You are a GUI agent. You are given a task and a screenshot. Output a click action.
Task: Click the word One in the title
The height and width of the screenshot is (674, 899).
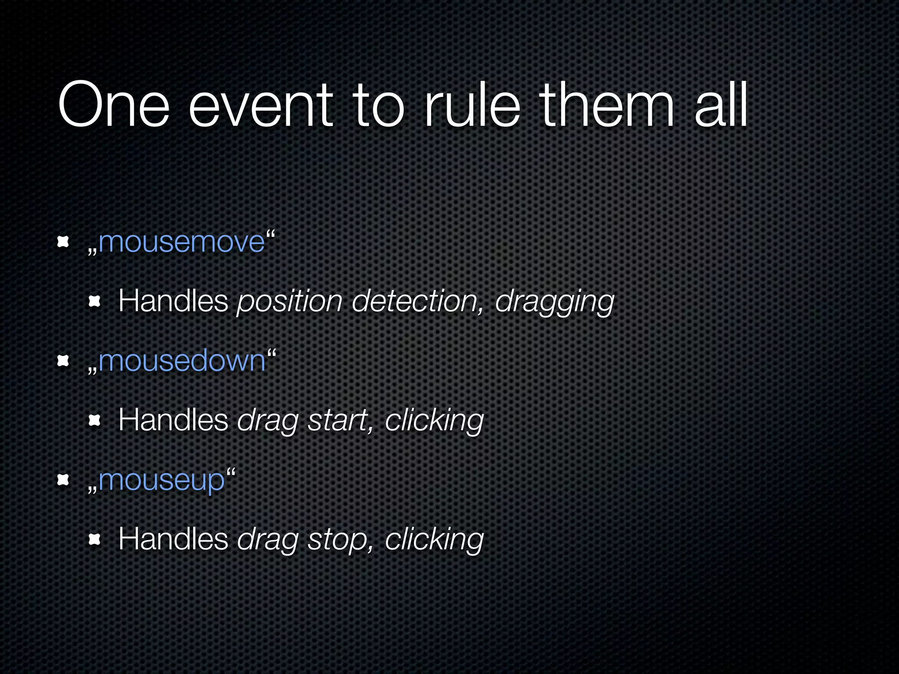pyautogui.click(x=113, y=105)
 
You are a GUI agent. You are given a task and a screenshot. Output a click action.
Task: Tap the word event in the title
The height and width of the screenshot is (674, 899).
pyautogui.click(x=260, y=105)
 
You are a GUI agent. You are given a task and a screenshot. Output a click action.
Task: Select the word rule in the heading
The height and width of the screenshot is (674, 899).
pyautogui.click(x=471, y=105)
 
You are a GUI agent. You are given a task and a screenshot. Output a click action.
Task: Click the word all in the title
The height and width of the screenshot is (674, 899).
pyautogui.click(x=721, y=105)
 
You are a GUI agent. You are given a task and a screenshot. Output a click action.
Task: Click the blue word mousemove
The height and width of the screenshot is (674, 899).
pyautogui.click(x=182, y=242)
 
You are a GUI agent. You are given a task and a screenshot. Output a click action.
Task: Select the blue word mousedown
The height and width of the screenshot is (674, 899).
pyautogui.click(x=182, y=361)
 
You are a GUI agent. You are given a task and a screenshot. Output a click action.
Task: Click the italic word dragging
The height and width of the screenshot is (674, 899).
pyautogui.click(x=554, y=302)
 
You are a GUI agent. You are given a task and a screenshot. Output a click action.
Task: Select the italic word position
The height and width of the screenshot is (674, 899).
pyautogui.click(x=289, y=302)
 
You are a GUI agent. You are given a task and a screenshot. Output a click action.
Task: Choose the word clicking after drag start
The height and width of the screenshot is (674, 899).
pyautogui.click(x=434, y=420)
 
